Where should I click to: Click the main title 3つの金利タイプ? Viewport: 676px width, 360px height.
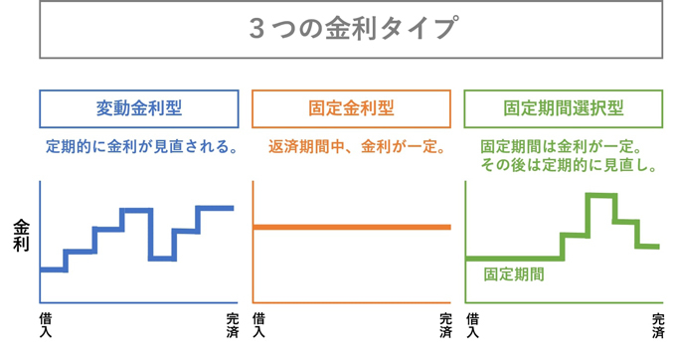(x=353, y=29)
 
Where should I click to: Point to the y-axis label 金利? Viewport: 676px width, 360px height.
(x=21, y=236)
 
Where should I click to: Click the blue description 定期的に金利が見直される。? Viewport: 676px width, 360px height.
(x=142, y=147)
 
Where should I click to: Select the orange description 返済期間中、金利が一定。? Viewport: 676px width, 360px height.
(x=357, y=147)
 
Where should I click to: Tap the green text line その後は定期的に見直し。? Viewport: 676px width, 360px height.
(x=569, y=165)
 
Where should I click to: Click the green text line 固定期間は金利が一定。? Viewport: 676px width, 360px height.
(x=562, y=147)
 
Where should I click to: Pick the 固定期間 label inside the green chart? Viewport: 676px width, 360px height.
(x=514, y=274)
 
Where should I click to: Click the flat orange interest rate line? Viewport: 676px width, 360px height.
(x=352, y=227)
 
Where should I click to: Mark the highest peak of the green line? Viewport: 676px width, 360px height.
(x=601, y=196)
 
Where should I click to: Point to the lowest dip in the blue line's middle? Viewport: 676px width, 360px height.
(x=162, y=259)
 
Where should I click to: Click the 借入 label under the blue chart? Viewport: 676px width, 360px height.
(x=46, y=325)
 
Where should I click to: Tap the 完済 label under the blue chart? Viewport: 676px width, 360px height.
(x=233, y=325)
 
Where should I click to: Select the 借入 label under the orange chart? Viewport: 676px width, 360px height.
(x=258, y=325)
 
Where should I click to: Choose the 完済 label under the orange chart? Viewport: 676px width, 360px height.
(x=445, y=325)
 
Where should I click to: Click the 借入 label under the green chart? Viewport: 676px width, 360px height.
(x=472, y=325)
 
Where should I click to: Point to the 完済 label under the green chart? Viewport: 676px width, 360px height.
(x=658, y=325)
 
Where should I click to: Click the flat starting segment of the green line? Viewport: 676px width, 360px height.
(x=514, y=259)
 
